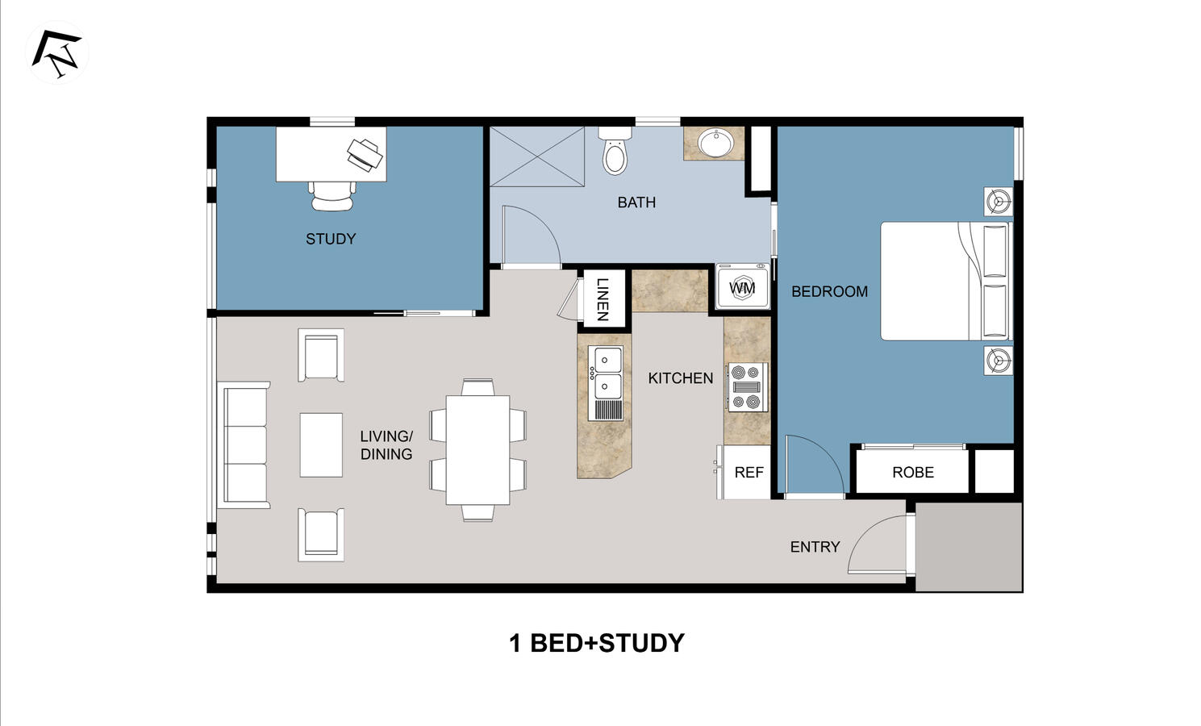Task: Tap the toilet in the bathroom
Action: pos(615,152)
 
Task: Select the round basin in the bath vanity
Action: pos(715,144)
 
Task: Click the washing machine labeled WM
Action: pos(742,287)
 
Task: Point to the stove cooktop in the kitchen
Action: pos(746,387)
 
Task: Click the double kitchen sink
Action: pos(607,373)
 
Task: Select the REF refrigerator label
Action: pos(749,473)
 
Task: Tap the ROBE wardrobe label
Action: pos(912,473)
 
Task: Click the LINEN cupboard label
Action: pos(602,298)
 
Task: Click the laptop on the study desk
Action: pos(365,153)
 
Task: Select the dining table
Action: pos(477,449)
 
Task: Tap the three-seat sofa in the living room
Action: pos(244,445)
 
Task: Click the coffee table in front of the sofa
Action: pos(321,444)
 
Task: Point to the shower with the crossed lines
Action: pos(537,156)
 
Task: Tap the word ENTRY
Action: pos(815,547)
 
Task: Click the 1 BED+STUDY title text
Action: pos(597,643)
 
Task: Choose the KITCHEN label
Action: pos(680,378)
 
